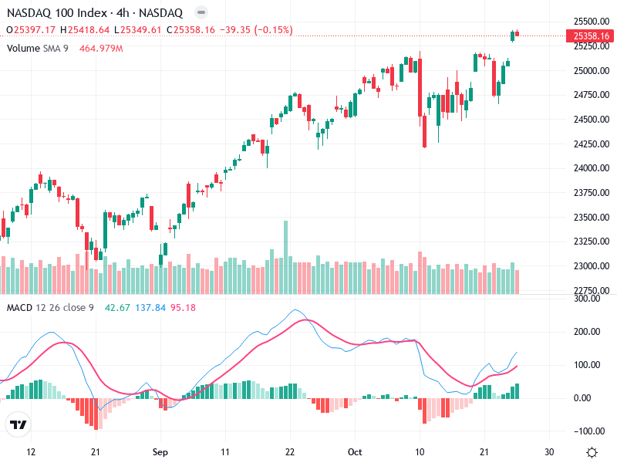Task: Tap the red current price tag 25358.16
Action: click(592, 35)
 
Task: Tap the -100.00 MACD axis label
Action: click(588, 431)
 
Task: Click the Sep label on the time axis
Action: click(160, 451)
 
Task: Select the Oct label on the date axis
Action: click(355, 451)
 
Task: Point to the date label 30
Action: click(548, 451)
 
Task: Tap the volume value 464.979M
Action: click(101, 49)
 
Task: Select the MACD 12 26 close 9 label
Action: click(50, 308)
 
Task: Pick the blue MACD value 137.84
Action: click(150, 308)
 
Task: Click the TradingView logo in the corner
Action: click(19, 424)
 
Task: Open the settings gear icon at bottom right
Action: click(592, 452)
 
